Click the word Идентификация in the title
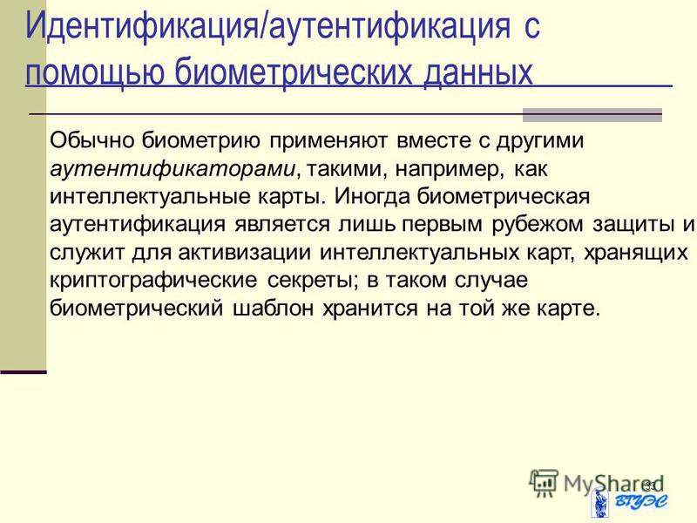point(142,26)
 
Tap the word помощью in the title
point(95,71)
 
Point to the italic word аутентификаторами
point(173,169)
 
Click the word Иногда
point(372,197)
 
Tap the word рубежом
point(538,224)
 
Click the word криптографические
point(153,281)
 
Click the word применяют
point(328,141)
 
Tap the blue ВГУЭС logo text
point(642,502)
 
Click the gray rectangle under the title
point(592,115)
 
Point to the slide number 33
point(650,486)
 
